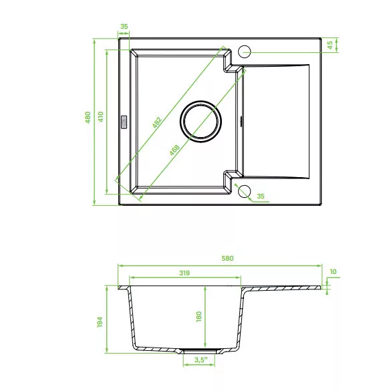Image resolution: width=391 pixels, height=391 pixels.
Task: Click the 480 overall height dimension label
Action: [88, 117]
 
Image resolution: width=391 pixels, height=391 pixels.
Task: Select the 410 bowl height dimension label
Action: [100, 117]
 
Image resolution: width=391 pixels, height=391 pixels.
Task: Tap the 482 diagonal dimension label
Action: [157, 122]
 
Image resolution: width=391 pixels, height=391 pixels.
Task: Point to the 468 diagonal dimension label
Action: [174, 150]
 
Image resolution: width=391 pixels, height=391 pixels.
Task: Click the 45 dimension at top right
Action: [330, 45]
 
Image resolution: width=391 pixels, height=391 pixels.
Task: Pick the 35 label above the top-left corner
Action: [124, 27]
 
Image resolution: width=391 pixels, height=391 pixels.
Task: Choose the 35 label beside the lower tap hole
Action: [261, 196]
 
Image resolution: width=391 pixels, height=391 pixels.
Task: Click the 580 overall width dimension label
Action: [227, 258]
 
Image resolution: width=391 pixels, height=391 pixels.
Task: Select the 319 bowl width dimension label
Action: [184, 273]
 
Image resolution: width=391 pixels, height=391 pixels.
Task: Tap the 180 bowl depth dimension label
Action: [199, 316]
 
